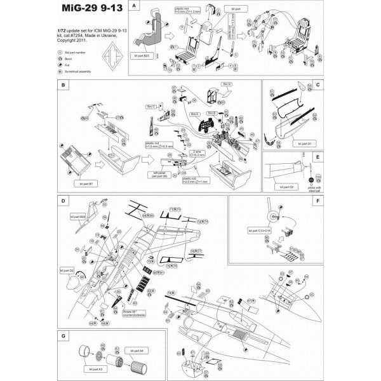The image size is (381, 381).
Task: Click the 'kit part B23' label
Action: (x=142, y=57)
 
